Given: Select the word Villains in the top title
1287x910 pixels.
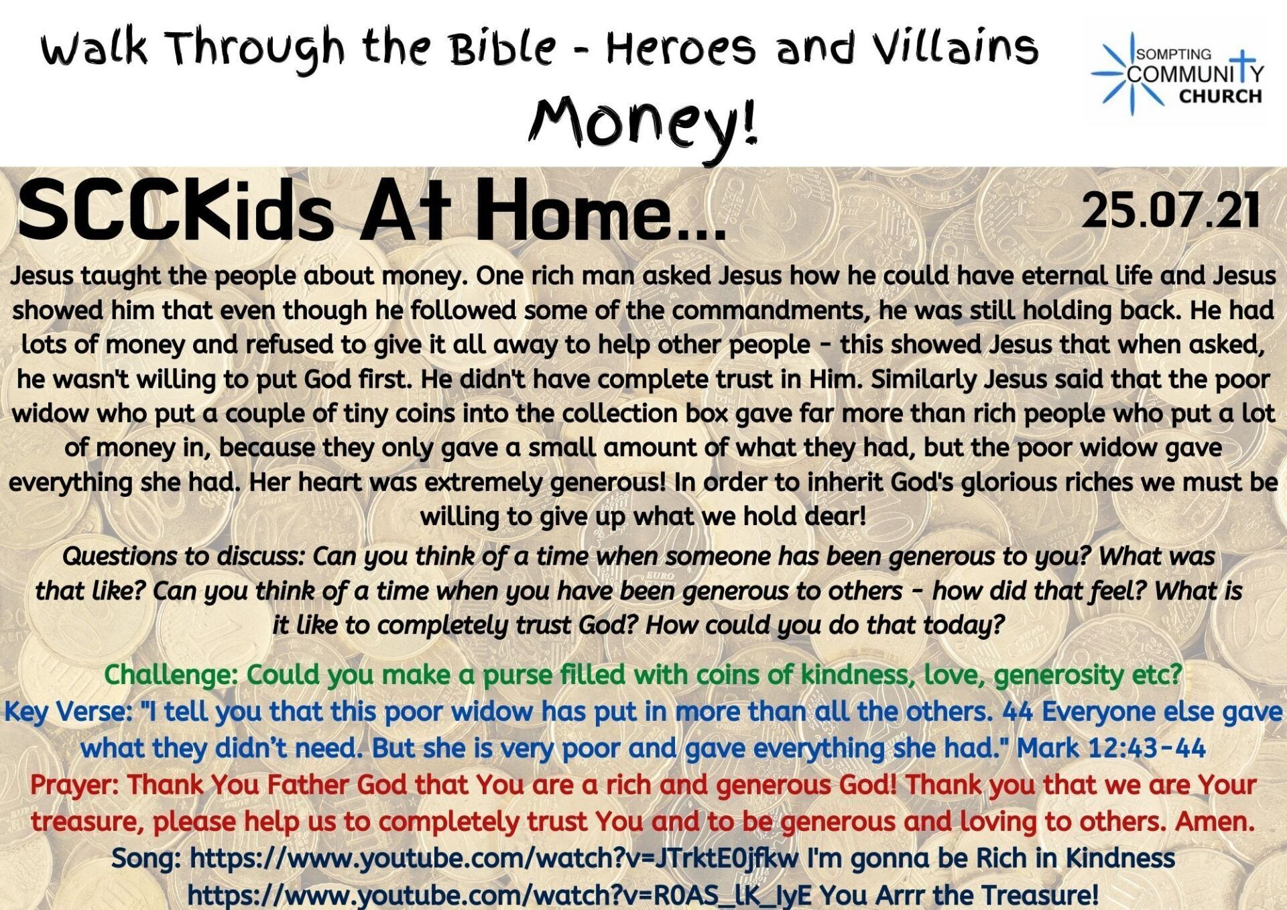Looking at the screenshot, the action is pos(956,48).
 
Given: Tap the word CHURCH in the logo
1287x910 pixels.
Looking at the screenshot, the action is pos(1220,96).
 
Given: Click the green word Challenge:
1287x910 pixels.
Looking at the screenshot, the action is pos(172,675).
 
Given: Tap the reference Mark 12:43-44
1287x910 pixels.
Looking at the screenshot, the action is pos(1111,748).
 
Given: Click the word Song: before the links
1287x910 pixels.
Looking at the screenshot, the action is pos(147,858).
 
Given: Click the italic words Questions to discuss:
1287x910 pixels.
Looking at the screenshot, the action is pos(184,557).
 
